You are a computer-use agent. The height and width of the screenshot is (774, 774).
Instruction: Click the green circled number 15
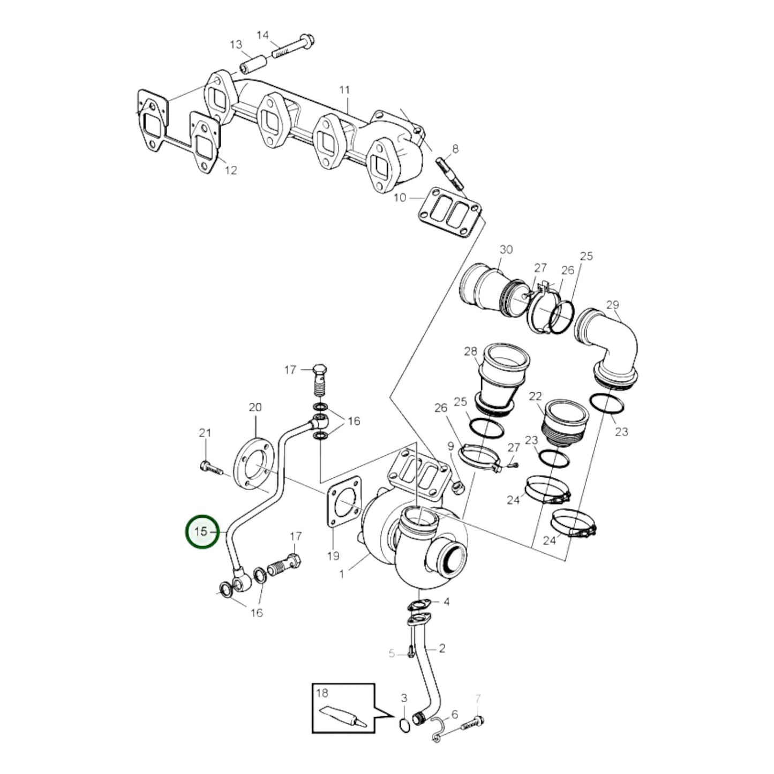click(202, 532)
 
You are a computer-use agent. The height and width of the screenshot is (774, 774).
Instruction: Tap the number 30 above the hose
click(506, 250)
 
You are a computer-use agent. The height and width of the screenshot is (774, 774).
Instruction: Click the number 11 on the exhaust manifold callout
click(344, 90)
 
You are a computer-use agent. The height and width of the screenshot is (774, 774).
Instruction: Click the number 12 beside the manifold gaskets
click(230, 170)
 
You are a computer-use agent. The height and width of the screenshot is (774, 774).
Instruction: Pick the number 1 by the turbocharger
click(342, 574)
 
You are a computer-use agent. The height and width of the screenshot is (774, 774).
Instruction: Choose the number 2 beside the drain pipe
click(442, 649)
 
